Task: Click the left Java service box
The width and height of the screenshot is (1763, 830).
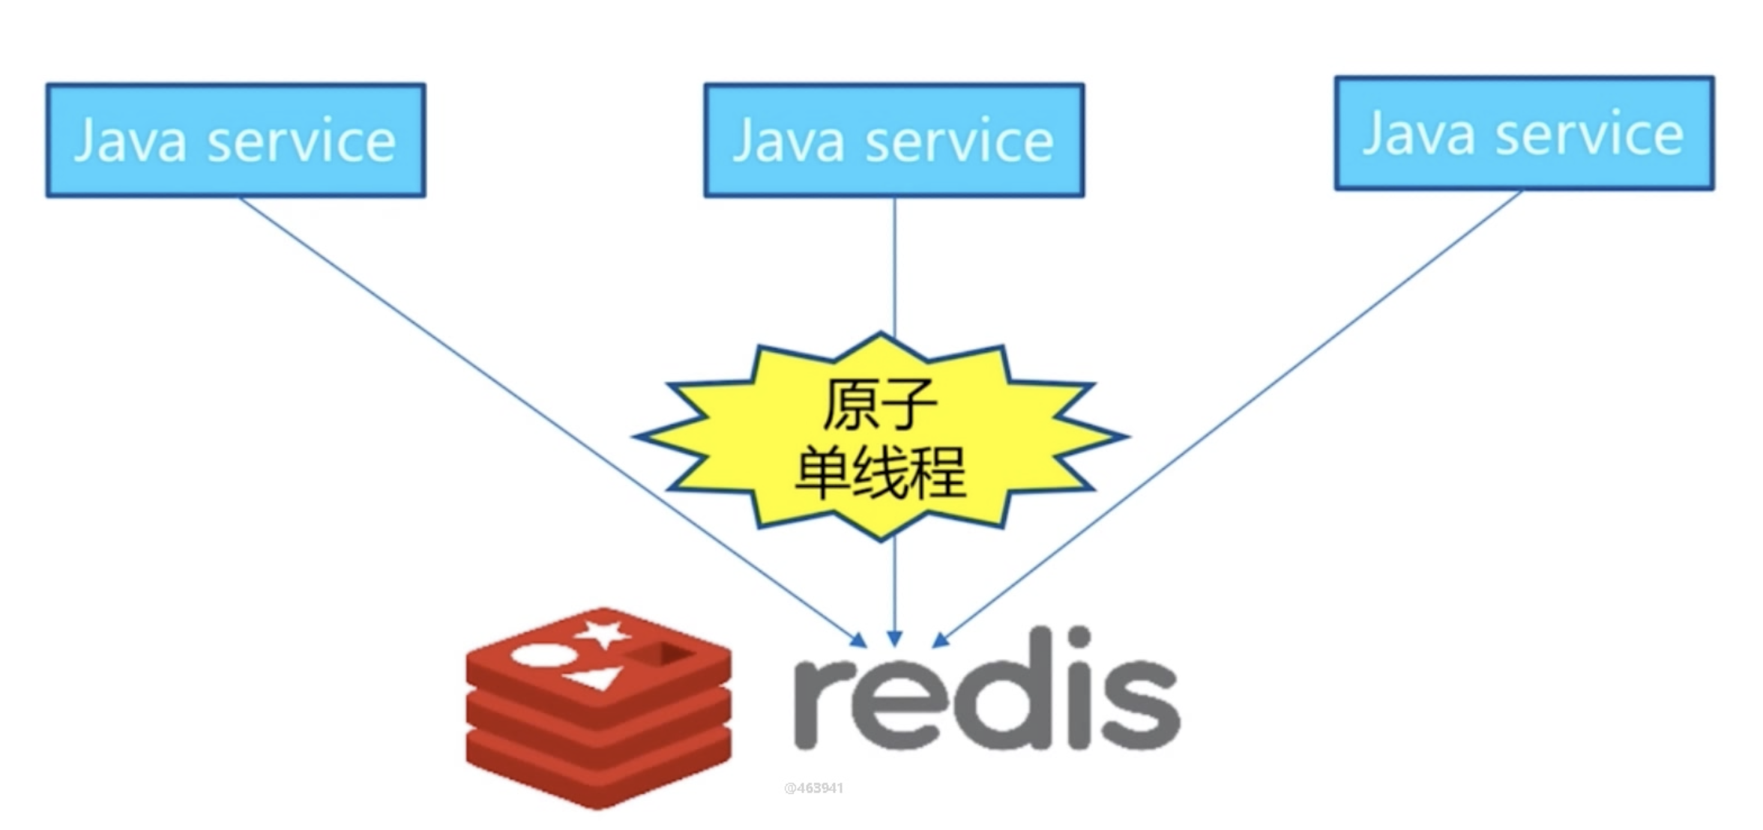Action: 235,140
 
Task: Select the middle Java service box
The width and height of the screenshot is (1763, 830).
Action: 893,140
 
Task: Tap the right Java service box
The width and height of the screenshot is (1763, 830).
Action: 1524,133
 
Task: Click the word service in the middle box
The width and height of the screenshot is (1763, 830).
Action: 959,141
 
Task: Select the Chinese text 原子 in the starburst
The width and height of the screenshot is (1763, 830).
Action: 880,405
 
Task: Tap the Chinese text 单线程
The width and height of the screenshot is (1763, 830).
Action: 880,472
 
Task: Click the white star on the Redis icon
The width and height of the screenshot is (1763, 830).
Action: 603,634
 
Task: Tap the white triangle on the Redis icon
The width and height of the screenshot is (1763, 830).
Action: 596,678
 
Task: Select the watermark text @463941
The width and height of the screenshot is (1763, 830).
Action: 813,788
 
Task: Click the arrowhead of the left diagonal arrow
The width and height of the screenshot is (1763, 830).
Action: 859,640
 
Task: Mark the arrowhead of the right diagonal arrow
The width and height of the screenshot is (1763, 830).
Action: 940,640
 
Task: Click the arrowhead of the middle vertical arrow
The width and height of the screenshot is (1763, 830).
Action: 894,638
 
